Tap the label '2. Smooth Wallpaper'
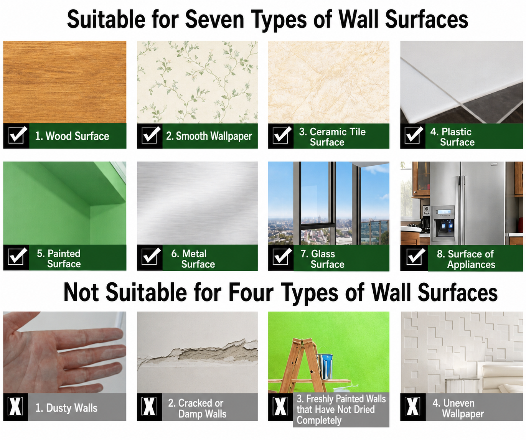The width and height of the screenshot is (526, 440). coord(209,136)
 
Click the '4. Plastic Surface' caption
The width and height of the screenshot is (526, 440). coord(452,137)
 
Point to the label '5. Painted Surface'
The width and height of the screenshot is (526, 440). coord(59,259)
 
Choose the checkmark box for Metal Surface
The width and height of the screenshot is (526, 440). coord(150,256)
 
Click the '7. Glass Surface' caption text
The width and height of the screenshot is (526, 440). coord(322,259)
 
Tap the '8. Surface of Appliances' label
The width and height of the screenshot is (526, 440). coord(466,259)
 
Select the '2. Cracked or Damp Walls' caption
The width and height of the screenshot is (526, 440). coord(197,409)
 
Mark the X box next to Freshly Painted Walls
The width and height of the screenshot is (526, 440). coord(280,406)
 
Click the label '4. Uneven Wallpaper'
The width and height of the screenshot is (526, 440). coord(458,409)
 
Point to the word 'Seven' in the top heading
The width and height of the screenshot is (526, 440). coord(214,20)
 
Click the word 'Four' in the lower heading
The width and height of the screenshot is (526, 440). coord(251,292)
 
